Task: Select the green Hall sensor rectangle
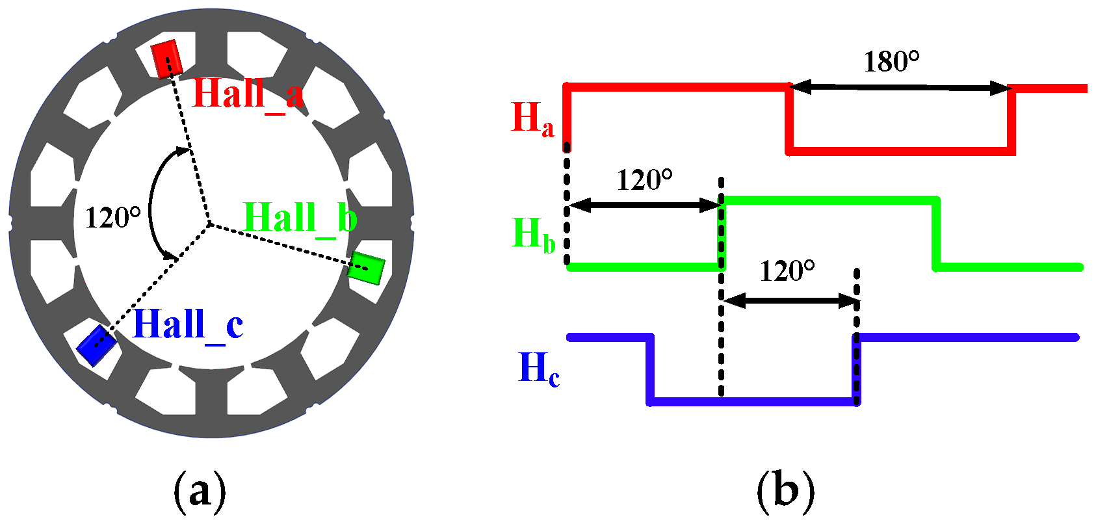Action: [x=366, y=267]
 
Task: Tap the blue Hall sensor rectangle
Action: [x=97, y=345]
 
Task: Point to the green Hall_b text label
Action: [x=300, y=218]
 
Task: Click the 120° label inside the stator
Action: [x=112, y=217]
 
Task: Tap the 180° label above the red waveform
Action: [x=891, y=62]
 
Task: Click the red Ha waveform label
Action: [x=532, y=119]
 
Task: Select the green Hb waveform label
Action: [x=534, y=234]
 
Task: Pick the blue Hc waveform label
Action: [x=538, y=369]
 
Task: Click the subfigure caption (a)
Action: [x=200, y=491]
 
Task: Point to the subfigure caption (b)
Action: [x=785, y=491]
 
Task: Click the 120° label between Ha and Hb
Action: [x=644, y=180]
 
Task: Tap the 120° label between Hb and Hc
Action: [x=787, y=270]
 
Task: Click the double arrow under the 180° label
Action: [x=900, y=88]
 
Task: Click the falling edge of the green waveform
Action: [x=937, y=233]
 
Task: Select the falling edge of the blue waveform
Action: [x=650, y=369]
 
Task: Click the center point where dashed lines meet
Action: [x=209, y=225]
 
